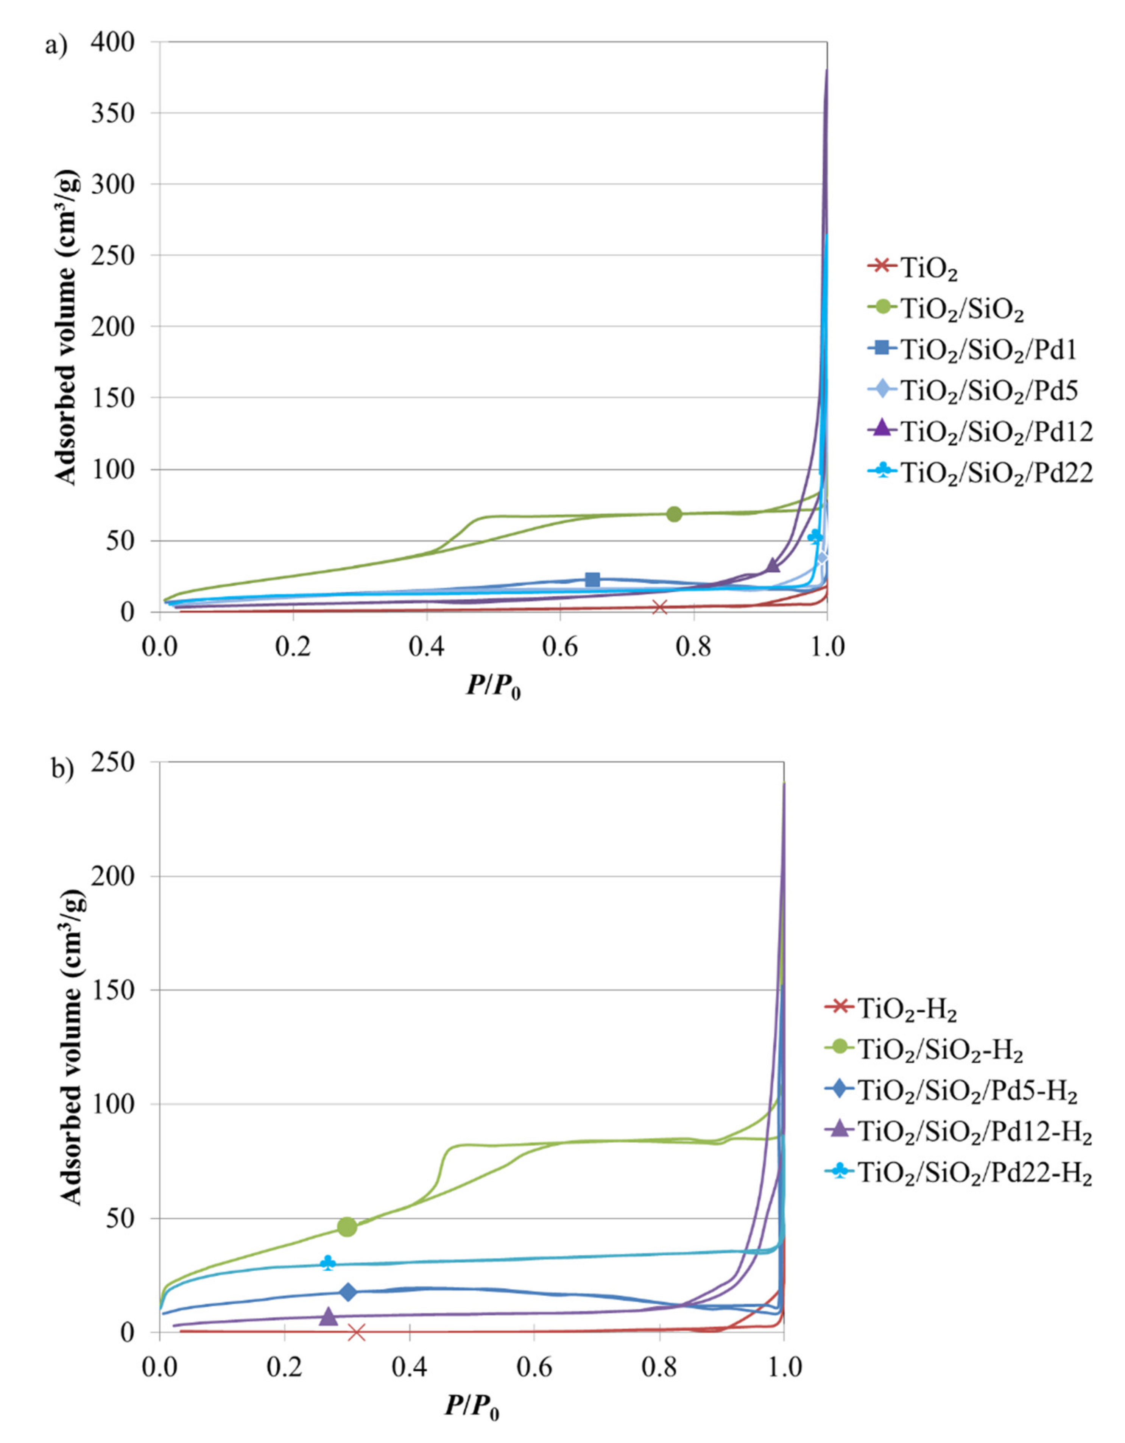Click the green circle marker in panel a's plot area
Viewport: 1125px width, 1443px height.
[673, 514]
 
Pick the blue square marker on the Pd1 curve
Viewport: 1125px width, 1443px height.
[592, 580]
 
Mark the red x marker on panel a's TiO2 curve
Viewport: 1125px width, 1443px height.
[659, 606]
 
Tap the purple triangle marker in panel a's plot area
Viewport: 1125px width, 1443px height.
[773, 565]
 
